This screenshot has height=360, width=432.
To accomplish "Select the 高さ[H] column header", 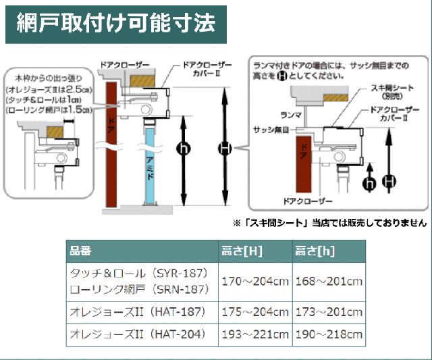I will click(x=242, y=251).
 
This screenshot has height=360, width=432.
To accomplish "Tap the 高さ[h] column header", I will click(x=315, y=251).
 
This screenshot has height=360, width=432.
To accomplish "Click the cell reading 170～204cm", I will click(x=256, y=281).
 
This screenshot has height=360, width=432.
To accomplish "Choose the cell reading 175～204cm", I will click(x=256, y=313).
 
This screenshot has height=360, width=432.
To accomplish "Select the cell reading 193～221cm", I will click(x=256, y=334).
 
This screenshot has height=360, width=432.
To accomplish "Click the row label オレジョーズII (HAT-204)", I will click(x=142, y=334).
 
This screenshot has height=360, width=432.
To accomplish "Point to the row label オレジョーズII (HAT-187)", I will click(x=142, y=313).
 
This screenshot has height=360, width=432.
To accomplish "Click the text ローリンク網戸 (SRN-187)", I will click(x=142, y=289).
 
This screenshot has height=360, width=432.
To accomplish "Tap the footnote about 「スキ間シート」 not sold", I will click(x=329, y=222).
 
